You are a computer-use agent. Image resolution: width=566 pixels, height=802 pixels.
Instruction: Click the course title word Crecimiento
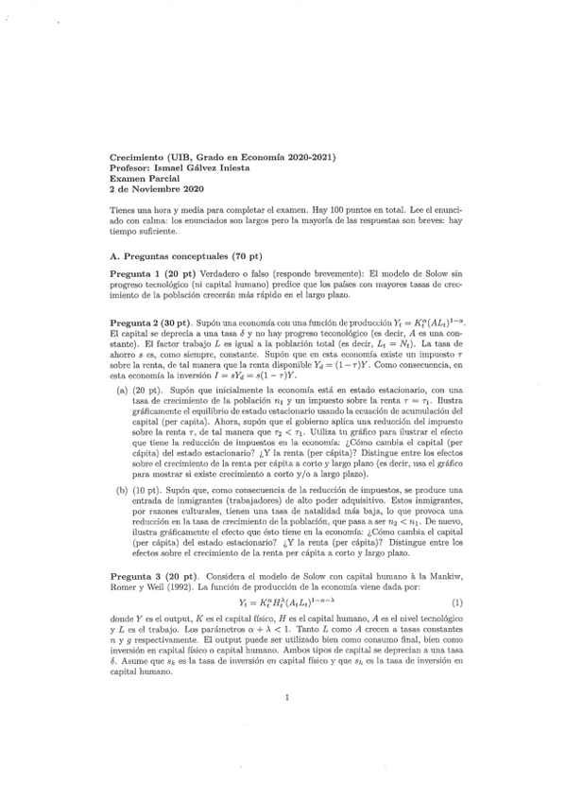(x=137, y=156)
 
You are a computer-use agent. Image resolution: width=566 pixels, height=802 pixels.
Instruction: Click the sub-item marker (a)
(x=122, y=390)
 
